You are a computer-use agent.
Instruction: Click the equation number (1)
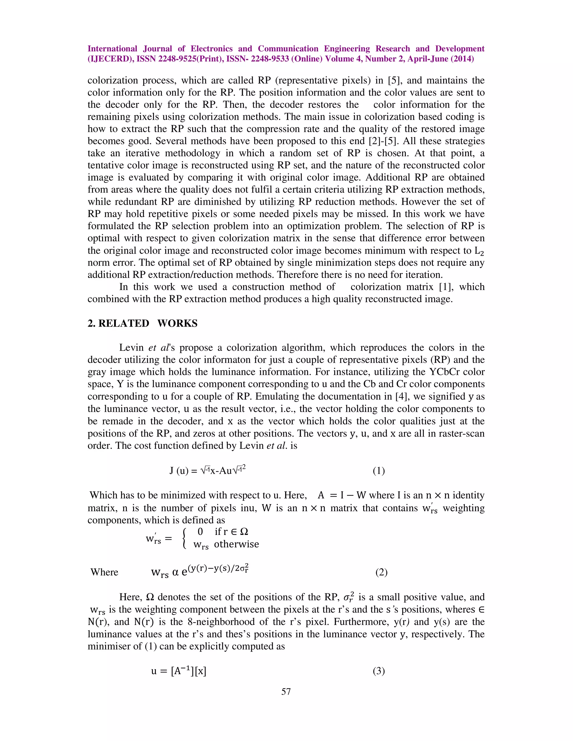click(379, 471)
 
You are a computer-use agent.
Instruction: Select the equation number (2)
click(381, 572)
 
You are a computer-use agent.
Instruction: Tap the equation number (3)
click(379, 671)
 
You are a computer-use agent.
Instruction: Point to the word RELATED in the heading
click(124, 323)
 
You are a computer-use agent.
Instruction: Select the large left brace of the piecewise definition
click(184, 539)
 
